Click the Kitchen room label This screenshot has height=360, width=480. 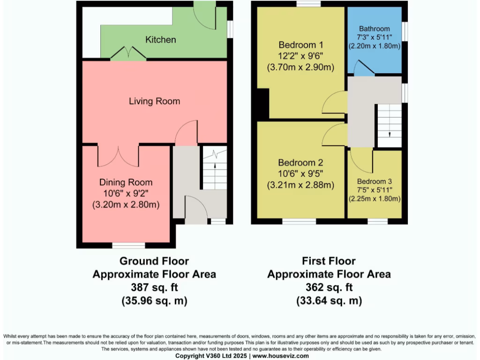point(160,40)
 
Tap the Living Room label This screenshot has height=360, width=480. point(154,101)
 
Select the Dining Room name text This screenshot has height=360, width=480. point(126,182)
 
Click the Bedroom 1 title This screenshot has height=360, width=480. point(301,45)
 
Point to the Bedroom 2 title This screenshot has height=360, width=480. point(300,163)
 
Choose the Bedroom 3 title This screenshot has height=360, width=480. point(375,181)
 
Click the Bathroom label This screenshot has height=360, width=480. point(375,29)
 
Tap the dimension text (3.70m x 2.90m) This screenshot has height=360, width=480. point(300,67)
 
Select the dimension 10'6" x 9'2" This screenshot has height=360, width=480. point(126,194)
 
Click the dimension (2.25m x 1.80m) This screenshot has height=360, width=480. point(375,199)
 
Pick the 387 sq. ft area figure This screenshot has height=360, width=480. point(154,287)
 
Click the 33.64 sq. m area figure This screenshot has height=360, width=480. point(329,300)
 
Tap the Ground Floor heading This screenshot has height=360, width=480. point(154,261)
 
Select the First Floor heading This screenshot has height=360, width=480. point(329,261)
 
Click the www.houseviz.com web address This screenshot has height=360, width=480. point(281,356)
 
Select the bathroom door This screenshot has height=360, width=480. point(364,68)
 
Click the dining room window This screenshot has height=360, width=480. point(128,246)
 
